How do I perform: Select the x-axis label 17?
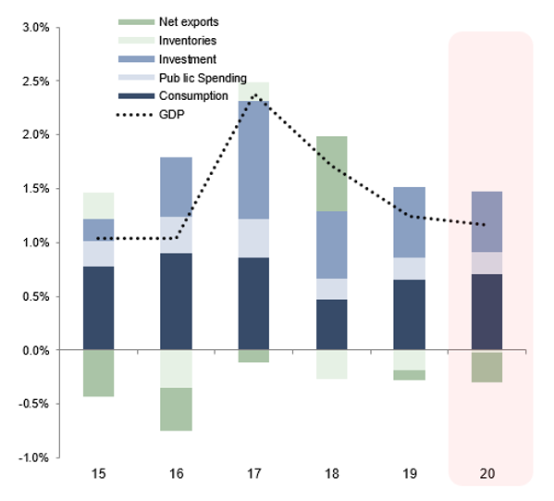252,473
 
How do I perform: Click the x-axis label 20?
488,473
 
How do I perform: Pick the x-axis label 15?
98,473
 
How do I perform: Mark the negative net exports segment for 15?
98,373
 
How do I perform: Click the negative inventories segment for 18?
331,364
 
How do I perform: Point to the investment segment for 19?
410,222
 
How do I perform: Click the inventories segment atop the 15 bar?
98,206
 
